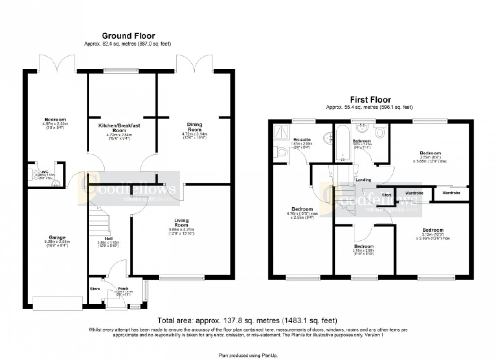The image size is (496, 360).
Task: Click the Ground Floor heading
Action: click(x=128, y=35)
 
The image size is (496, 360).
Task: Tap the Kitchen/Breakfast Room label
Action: click(x=120, y=128)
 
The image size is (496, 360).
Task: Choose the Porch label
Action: click(x=116, y=288)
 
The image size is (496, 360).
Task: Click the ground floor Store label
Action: click(x=95, y=289)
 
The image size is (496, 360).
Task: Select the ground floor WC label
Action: click(x=45, y=171)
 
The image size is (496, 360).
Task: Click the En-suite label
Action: click(x=305, y=140)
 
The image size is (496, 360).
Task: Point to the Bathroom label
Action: click(x=362, y=141)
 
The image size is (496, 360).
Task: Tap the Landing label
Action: click(x=364, y=180)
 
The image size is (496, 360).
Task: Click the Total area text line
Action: click(x=247, y=320)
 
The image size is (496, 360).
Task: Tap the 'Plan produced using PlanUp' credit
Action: click(x=248, y=355)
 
